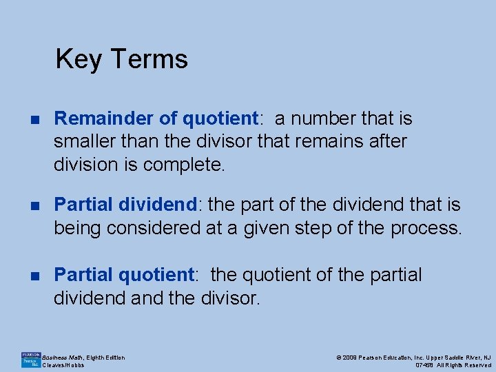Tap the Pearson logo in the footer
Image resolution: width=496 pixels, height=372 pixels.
(x=31, y=360)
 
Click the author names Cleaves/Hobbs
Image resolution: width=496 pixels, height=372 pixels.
(x=63, y=365)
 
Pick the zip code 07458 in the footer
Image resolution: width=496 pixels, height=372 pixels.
(x=425, y=365)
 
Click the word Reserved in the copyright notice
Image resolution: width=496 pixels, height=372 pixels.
(x=476, y=365)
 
